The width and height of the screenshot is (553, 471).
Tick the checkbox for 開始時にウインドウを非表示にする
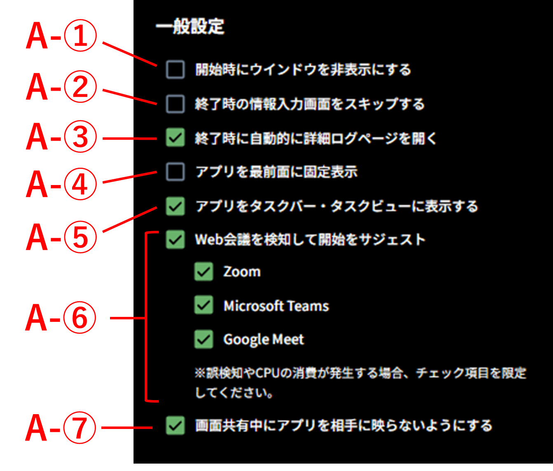pyautogui.click(x=175, y=70)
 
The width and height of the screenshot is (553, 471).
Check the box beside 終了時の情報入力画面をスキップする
pyautogui.click(x=175, y=104)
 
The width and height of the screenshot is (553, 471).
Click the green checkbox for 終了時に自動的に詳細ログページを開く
pyautogui.click(x=175, y=138)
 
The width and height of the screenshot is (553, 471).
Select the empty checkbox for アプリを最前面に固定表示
pyautogui.click(x=175, y=172)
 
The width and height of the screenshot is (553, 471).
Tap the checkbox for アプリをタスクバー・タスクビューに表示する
pyautogui.click(x=175, y=206)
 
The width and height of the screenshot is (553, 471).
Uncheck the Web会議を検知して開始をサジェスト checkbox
pyautogui.click(x=175, y=239)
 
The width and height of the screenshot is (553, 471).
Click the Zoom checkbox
pyautogui.click(x=204, y=272)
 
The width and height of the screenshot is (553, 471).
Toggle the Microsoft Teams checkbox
pyautogui.click(x=204, y=305)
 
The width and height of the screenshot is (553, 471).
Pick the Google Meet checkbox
pyautogui.click(x=204, y=339)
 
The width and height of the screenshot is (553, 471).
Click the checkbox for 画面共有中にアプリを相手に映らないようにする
pyautogui.click(x=175, y=425)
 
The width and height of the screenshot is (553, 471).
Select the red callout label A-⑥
pyautogui.click(x=61, y=318)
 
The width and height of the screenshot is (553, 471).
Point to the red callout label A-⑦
pyautogui.click(x=61, y=429)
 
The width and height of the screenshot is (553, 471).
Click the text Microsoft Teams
pyautogui.click(x=276, y=306)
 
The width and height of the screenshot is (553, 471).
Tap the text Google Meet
pyautogui.click(x=263, y=340)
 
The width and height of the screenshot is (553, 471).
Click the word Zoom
pyautogui.click(x=242, y=272)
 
